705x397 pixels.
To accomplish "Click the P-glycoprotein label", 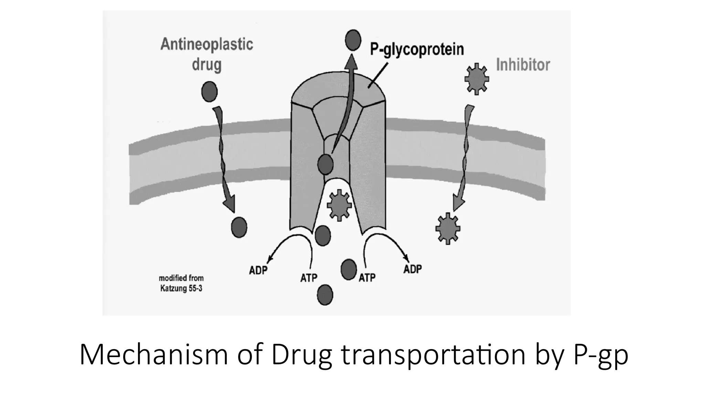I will (x=417, y=50).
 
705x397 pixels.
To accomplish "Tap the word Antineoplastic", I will (x=207, y=44).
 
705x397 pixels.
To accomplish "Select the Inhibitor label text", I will (x=523, y=65).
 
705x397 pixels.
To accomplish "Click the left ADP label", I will (x=258, y=270).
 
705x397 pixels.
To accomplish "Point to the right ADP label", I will (x=412, y=269).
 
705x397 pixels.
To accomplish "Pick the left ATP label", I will (x=308, y=277).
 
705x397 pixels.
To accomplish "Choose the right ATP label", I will (x=367, y=277).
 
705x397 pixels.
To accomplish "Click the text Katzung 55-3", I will (x=181, y=288).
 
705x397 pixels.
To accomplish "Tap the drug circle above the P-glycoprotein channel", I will (x=353, y=40).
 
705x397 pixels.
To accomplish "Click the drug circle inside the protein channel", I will (x=325, y=164).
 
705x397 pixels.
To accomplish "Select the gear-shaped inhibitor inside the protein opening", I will (x=339, y=205).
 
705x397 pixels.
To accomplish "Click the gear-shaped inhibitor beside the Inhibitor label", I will (x=476, y=79).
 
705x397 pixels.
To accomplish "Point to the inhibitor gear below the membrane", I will (x=448, y=228).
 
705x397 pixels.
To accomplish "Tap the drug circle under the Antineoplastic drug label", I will (x=209, y=92).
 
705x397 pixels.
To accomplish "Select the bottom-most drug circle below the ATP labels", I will (x=325, y=295).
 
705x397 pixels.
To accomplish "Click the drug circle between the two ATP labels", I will (x=348, y=269).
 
